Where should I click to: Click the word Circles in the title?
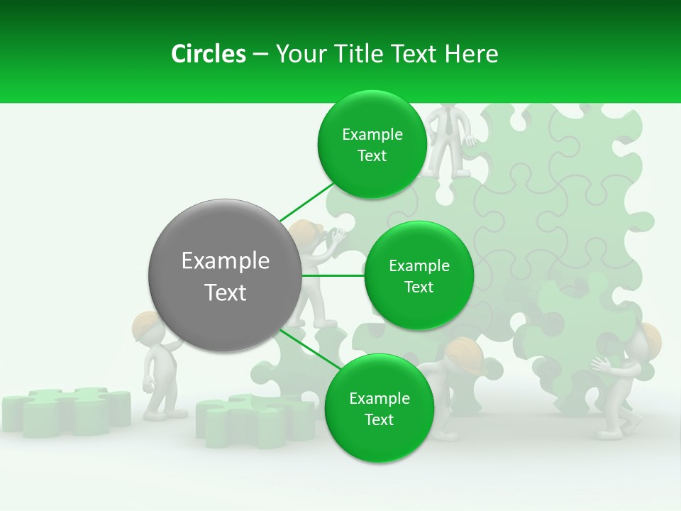(208, 54)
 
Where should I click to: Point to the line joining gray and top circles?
(306, 202)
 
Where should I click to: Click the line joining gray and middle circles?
(332, 275)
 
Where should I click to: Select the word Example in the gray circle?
(225, 260)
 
